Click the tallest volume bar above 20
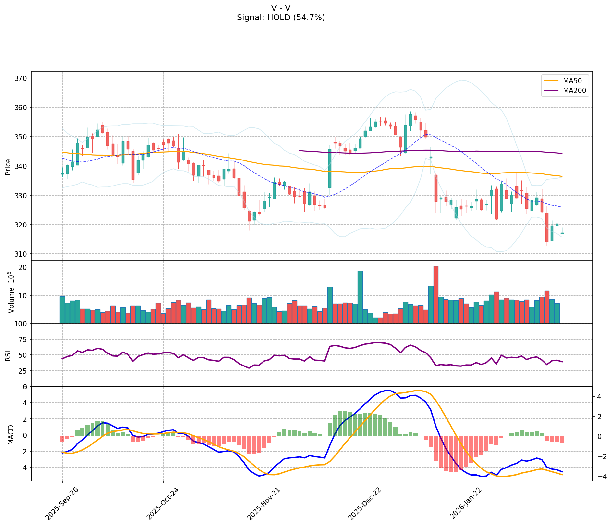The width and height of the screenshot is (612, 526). coord(436,294)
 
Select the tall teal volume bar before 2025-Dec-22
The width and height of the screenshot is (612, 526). coord(360,297)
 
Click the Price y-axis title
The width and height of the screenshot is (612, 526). coord(8,166)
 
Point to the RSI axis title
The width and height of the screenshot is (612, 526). coord(8,355)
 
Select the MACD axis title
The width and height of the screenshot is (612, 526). coord(11,435)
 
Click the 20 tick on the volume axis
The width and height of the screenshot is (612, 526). coord(24,267)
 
